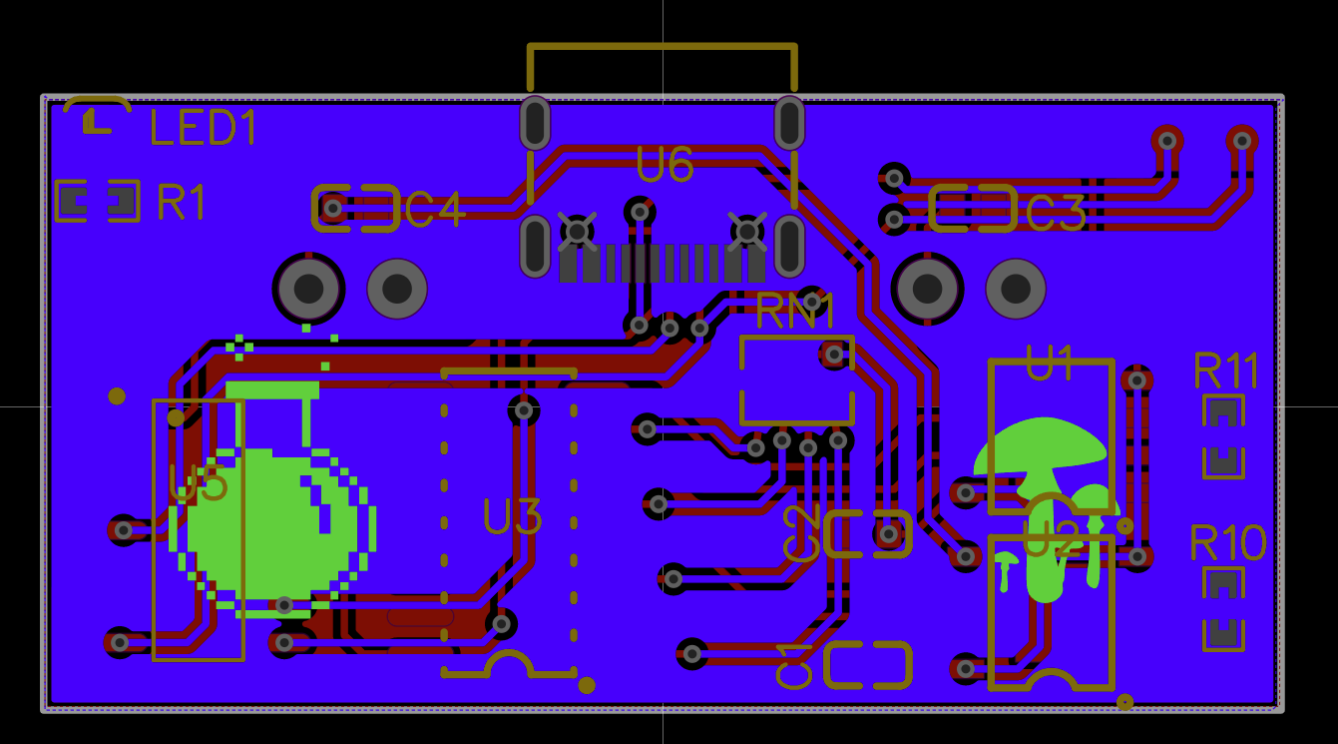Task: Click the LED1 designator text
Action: [x=204, y=128]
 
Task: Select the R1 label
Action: [x=182, y=202]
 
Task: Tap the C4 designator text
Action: [x=434, y=210]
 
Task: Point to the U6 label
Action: [x=665, y=165]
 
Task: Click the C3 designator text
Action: [x=1056, y=214]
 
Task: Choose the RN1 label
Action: [x=795, y=312]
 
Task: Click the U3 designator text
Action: [x=513, y=517]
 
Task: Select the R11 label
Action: [x=1225, y=372]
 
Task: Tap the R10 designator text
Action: [x=1227, y=543]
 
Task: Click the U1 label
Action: [x=1050, y=364]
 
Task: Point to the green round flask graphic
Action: [x=269, y=519]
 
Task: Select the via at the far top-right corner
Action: [x=1242, y=140]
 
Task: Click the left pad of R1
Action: [x=73, y=202]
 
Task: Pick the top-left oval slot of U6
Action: [x=535, y=123]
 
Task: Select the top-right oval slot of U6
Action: [x=789, y=123]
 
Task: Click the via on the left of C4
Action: [x=332, y=209]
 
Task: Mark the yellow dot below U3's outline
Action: [x=587, y=685]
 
